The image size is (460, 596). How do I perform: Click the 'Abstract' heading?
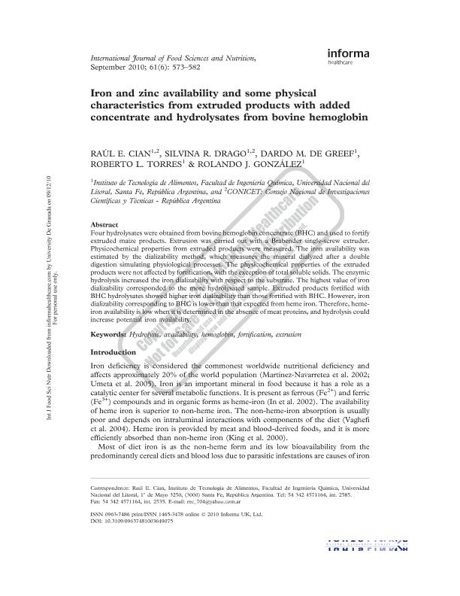[104, 225]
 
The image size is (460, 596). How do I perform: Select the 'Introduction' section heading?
[113, 352]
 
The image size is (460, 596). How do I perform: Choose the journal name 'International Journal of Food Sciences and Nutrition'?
[173, 57]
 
